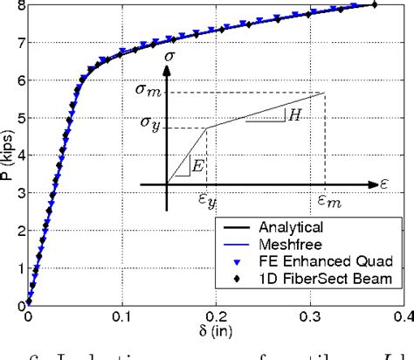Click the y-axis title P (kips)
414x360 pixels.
coord(8,156)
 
